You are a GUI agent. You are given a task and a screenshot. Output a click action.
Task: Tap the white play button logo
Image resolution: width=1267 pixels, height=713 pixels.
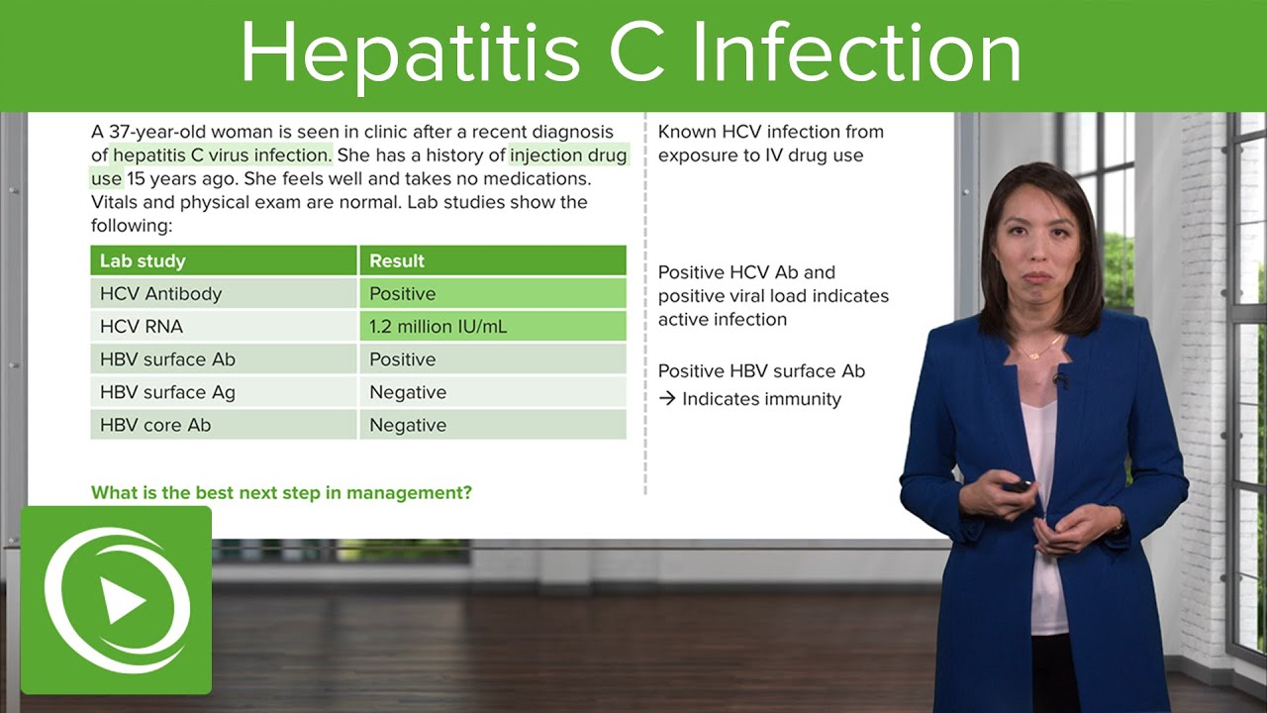pos(117,600)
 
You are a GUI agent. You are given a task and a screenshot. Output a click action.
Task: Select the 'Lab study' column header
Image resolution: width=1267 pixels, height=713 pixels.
pos(143,261)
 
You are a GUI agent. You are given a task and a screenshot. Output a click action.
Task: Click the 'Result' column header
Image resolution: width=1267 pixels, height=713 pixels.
pos(397,261)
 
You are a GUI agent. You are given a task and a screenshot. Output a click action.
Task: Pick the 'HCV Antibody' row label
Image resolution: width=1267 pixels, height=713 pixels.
pos(160,294)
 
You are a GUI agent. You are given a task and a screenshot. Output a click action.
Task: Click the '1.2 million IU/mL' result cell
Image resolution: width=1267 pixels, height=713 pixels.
pos(438,326)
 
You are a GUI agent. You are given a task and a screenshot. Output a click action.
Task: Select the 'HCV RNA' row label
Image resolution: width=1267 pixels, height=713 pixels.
pos(142,326)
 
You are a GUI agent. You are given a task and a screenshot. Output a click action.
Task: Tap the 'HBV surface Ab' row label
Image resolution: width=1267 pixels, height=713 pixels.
pos(167,359)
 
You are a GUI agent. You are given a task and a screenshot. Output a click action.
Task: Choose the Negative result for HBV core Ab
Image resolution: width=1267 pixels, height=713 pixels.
pos(408,425)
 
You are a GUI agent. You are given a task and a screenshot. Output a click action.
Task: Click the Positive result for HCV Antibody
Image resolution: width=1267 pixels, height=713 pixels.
pos(402,294)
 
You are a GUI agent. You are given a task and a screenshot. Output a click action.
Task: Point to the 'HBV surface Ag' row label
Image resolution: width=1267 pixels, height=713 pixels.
pos(167,392)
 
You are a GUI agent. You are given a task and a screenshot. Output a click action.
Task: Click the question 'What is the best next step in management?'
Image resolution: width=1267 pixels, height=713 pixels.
pos(281,492)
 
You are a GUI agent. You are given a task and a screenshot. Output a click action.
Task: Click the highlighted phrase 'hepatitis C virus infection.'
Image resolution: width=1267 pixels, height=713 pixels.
pos(223,155)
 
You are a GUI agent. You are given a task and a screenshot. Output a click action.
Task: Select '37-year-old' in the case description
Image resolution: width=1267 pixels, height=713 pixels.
pos(156,132)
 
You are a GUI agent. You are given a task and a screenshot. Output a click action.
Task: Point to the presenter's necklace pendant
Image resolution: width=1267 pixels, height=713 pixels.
pos(1033,355)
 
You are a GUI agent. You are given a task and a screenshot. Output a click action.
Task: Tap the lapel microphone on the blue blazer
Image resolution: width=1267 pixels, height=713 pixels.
pos(1062,379)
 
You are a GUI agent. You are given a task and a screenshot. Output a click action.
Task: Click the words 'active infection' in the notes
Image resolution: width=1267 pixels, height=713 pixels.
pos(723,319)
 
